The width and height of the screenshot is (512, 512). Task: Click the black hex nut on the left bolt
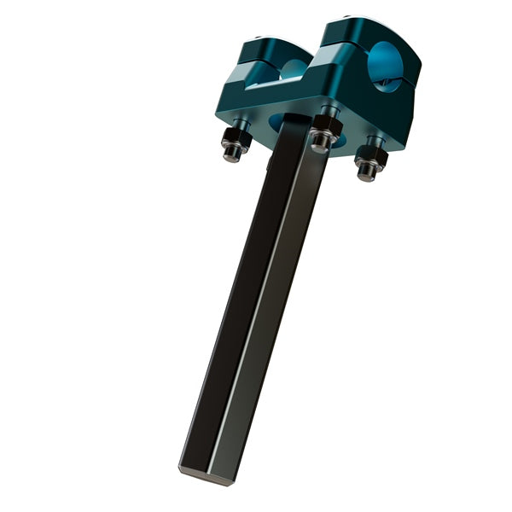pyautogui.click(x=235, y=139)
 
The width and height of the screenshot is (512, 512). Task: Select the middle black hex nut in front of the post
pyautogui.click(x=325, y=128)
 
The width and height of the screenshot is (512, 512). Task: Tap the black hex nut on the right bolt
pyautogui.click(x=370, y=156)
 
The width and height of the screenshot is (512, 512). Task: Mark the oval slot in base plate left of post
pyautogui.click(x=277, y=125)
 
